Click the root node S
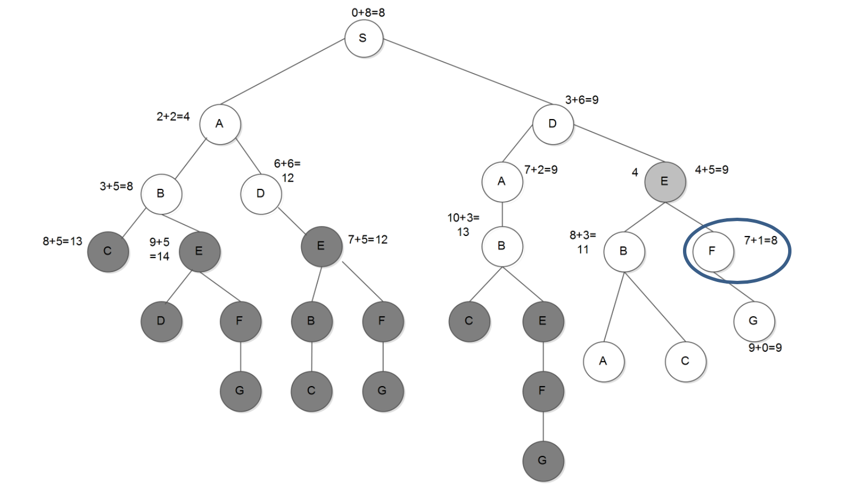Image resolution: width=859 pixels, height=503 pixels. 364,38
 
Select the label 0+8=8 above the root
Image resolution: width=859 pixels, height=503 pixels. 368,12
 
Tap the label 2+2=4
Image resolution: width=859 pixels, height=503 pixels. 173,116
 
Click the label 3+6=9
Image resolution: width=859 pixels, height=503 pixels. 581,100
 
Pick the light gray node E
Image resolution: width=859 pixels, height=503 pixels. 665,182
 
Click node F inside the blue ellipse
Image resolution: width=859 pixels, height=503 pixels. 713,251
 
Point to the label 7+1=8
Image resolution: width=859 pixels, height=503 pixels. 760,240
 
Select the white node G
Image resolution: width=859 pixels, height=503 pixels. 753,321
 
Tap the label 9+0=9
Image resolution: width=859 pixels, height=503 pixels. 765,348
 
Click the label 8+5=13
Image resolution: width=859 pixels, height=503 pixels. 62,242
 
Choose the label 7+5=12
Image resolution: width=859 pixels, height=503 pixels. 368,240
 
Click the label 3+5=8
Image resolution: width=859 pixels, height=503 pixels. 116,186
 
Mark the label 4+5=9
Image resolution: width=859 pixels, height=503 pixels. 711,170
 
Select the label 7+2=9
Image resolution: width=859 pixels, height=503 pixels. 541,170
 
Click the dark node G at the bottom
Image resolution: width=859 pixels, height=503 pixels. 543,461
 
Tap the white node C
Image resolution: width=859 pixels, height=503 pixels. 685,362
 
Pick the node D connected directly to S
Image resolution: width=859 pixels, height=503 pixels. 553,124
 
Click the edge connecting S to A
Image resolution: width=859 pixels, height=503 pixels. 282,71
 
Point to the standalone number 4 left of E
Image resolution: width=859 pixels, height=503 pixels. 635,172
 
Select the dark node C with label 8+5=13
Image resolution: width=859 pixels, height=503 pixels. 108,251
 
